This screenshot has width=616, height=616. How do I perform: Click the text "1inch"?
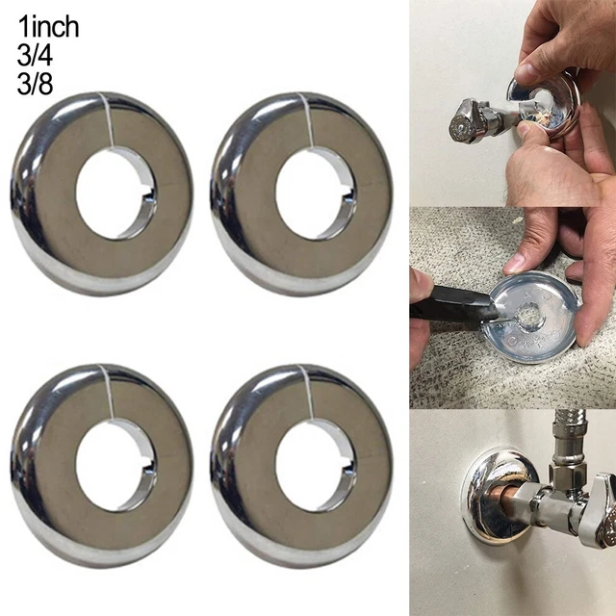pyautogui.click(x=48, y=27)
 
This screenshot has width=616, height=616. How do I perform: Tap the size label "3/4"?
pyautogui.click(x=35, y=56)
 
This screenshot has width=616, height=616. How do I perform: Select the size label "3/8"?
pyautogui.click(x=35, y=84)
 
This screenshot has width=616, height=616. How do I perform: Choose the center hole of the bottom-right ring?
pyautogui.click(x=316, y=465)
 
